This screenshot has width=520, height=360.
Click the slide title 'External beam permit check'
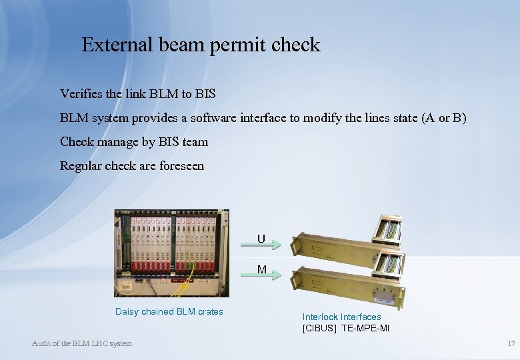(201, 45)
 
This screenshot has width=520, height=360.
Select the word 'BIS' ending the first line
(205, 94)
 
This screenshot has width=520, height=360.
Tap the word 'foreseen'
(181, 166)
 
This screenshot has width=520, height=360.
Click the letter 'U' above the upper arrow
(261, 239)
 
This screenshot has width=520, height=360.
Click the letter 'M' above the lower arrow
(262, 270)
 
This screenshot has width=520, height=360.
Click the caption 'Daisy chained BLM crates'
(169, 311)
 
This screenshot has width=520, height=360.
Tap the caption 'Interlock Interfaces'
(341, 317)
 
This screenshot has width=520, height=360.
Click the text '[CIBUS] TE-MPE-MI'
(345, 329)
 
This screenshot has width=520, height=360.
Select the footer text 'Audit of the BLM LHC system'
(82, 343)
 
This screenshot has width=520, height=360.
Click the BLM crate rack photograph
(171, 253)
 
